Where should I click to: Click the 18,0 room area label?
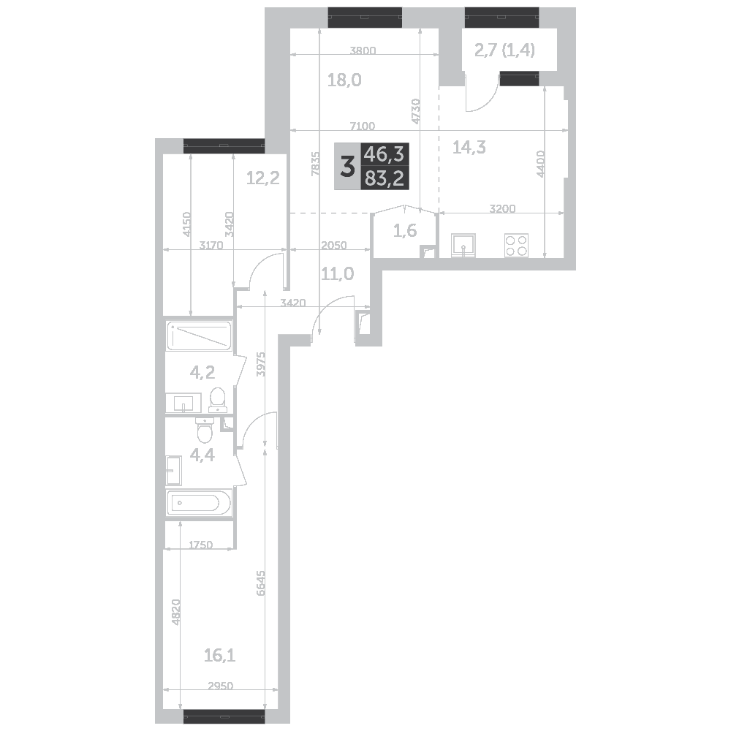pos(344,80)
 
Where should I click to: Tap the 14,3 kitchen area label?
pos(469,148)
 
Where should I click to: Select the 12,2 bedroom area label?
pos(263,178)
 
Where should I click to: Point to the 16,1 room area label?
pos(219,656)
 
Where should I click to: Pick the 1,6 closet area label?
pos(405,230)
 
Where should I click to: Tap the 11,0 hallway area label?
pos(338,273)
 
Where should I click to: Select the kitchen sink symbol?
pos(463,245)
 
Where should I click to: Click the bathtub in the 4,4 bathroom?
pos(199,503)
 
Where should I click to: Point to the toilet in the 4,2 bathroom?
pos(217,401)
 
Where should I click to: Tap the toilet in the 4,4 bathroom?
pos(205,430)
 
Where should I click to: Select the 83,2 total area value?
pos(385,178)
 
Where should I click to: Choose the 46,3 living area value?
pos(385,154)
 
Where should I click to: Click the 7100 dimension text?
pos(363,126)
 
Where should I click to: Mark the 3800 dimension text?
pos(363,51)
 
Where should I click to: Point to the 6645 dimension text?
pos(260,583)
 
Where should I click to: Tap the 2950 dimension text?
pos(221,686)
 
